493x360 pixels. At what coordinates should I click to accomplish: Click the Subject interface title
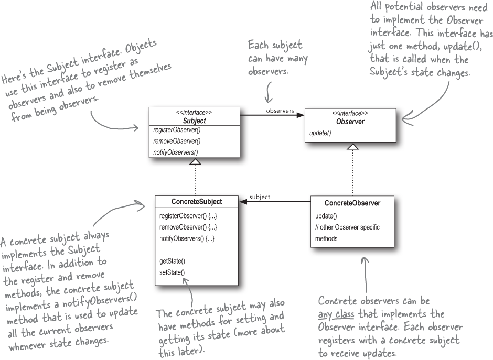(x=194, y=121)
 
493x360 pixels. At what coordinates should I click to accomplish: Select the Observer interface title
(x=350, y=122)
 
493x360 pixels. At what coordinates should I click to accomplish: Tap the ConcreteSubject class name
(x=197, y=202)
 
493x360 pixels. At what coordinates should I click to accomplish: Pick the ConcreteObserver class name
(x=352, y=203)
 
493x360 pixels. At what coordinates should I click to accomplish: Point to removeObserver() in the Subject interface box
(x=177, y=141)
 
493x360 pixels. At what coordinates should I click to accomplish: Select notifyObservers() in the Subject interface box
(x=176, y=152)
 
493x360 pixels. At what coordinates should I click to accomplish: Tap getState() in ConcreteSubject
(x=172, y=261)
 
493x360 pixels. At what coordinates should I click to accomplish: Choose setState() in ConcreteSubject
(x=172, y=272)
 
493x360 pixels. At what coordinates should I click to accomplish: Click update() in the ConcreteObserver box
(x=326, y=216)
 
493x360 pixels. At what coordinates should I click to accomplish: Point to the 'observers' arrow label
(x=280, y=111)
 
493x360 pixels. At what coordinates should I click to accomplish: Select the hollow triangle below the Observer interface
(x=353, y=147)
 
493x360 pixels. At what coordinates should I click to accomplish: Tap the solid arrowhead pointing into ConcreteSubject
(x=243, y=202)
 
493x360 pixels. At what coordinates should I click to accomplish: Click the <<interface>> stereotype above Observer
(x=350, y=113)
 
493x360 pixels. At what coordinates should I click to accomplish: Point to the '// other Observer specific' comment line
(x=347, y=227)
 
